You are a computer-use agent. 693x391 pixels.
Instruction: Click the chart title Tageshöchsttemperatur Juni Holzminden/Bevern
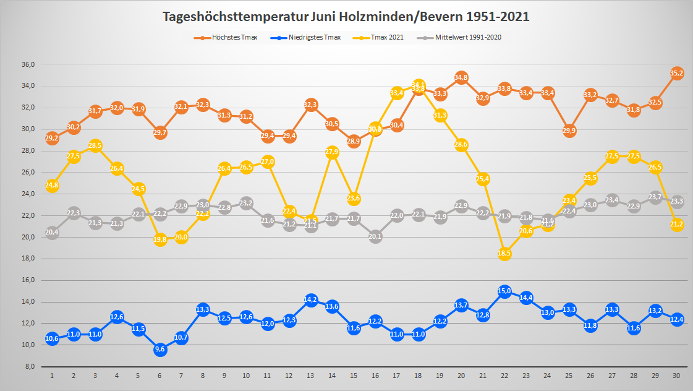coord(346,17)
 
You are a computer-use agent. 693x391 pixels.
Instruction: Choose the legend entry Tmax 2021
coord(388,37)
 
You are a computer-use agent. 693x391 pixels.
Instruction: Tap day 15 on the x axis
coord(354,376)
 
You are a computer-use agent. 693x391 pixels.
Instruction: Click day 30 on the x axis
coord(677,376)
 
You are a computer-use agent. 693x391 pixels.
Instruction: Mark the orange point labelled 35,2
coord(677,73)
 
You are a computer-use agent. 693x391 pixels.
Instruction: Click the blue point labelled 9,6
coord(160,350)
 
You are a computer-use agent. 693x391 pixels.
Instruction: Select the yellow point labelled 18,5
coord(504,253)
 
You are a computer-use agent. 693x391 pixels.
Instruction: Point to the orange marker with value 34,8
coord(461,77)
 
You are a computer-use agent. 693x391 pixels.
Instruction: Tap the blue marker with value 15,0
coord(504,291)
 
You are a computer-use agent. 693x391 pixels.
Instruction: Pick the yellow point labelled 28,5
coord(95,145)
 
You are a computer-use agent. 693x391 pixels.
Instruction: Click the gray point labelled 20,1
coord(375,236)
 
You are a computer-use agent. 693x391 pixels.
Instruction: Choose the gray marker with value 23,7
coord(655,197)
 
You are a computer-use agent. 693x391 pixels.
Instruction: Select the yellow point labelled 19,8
coord(160,239)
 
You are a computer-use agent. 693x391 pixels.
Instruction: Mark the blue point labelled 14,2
coord(311,300)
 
